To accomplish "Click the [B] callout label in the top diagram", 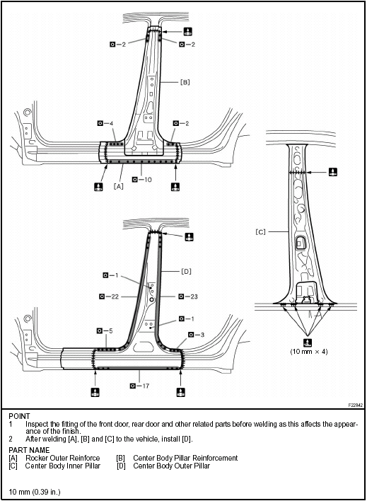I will pos(185,82).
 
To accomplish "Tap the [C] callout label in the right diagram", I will pos(260,231).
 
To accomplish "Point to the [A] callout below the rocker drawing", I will pos(119,186).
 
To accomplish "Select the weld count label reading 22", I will pos(112,296).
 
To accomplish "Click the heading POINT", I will pos(20,416).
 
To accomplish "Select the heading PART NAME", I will pos(29,450).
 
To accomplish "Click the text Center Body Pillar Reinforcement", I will pos(185,458).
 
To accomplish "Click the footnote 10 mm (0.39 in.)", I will pos(35,491).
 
